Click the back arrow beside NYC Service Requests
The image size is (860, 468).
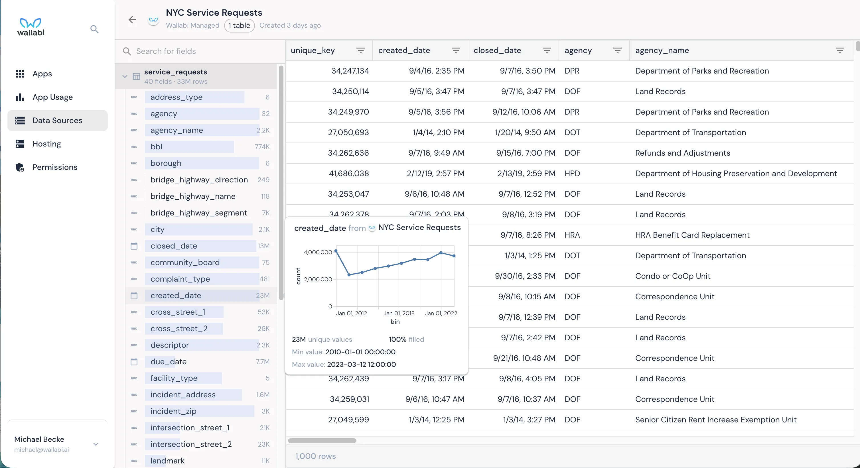(x=132, y=20)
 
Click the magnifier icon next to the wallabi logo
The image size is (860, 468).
(x=94, y=29)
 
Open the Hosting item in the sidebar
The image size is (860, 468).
(x=46, y=144)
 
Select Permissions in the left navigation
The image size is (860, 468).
(x=54, y=167)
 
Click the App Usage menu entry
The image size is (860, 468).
(x=52, y=97)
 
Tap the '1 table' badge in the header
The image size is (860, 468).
(x=239, y=26)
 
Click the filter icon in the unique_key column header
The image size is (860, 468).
(x=360, y=51)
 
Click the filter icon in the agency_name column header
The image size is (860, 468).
(x=840, y=51)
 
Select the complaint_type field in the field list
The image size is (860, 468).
(x=180, y=279)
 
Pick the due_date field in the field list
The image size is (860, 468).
(x=169, y=361)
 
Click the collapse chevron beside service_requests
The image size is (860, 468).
(x=125, y=76)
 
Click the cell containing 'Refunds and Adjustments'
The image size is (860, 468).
(x=682, y=153)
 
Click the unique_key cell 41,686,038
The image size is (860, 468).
(x=348, y=174)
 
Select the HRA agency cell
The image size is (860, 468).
(x=572, y=235)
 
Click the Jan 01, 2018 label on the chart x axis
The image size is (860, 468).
(x=399, y=313)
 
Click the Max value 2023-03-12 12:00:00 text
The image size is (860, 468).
(x=361, y=365)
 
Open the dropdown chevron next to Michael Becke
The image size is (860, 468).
(x=96, y=444)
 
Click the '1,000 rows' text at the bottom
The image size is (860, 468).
(x=315, y=456)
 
